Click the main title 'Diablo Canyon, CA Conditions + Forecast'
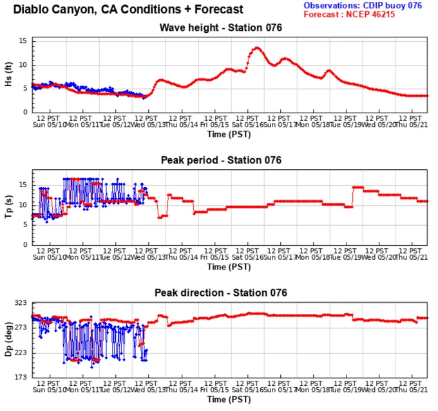[x=128, y=10]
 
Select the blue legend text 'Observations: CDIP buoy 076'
[x=363, y=5]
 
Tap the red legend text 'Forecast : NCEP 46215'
[x=350, y=14]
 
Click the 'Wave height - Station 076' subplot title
[x=221, y=28]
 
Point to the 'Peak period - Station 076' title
[x=221, y=160]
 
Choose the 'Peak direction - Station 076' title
[x=221, y=293]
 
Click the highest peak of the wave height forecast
[x=257, y=48]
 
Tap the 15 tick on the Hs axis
[x=23, y=41]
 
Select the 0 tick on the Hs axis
[x=25, y=112]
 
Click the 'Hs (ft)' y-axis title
[x=8, y=74]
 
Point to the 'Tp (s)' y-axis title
[x=8, y=206]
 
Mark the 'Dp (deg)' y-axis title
[x=8, y=340]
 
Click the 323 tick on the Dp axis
[x=21, y=303]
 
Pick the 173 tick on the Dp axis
[x=21, y=378]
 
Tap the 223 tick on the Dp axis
[x=21, y=352]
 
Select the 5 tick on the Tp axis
[x=25, y=224]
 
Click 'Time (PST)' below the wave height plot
[x=229, y=134]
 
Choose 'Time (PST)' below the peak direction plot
[x=229, y=399]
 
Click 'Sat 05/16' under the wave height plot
[x=248, y=125]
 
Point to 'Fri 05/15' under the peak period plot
[x=214, y=257]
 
